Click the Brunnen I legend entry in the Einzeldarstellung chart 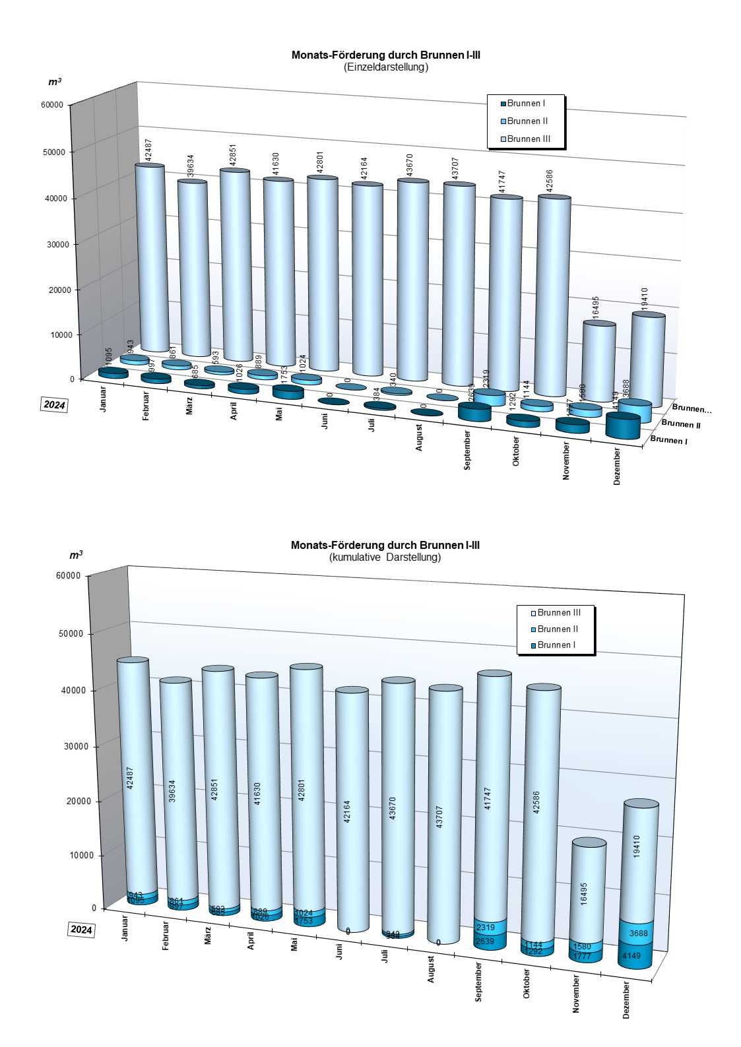(x=526, y=104)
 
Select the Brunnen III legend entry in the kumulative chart (x=558, y=613)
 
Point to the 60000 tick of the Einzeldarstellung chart (x=51, y=105)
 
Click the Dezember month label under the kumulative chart (x=626, y=999)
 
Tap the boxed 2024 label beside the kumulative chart (x=81, y=930)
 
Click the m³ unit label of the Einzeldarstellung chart (x=55, y=82)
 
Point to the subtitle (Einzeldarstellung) (x=386, y=67)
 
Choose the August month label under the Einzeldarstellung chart (x=420, y=437)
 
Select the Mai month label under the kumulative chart (x=294, y=944)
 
